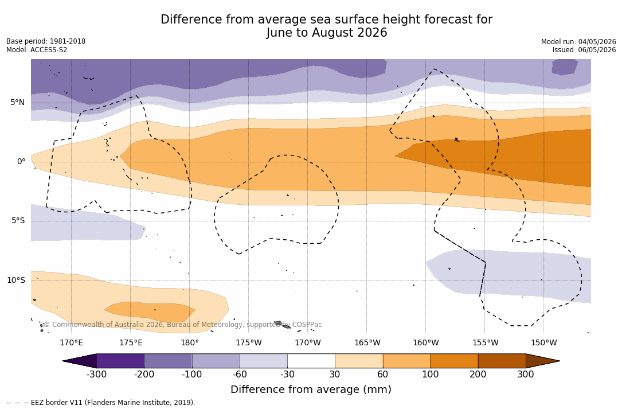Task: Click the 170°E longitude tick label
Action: click(x=72, y=342)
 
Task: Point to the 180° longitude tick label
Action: click(x=190, y=342)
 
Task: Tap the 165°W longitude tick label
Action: click(x=367, y=342)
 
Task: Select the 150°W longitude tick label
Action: click(x=544, y=342)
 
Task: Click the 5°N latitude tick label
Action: click(x=17, y=103)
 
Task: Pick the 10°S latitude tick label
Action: click(x=16, y=281)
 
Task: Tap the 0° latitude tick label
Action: click(x=21, y=162)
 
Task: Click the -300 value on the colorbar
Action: click(x=97, y=375)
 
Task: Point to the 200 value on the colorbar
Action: click(x=478, y=375)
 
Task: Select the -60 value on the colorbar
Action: click(x=240, y=375)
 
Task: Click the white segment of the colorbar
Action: click(x=311, y=361)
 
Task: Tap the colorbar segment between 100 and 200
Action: click(x=454, y=361)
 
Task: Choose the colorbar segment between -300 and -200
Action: click(x=120, y=361)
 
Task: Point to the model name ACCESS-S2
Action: click(x=49, y=50)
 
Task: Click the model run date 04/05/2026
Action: click(x=597, y=42)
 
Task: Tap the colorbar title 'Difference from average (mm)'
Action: click(x=311, y=389)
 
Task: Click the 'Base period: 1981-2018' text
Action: click(x=46, y=41)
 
